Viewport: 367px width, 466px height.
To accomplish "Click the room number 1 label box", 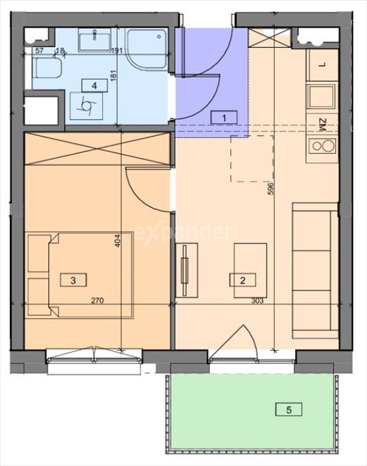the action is [x=224, y=117].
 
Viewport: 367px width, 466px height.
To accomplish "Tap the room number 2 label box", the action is [x=242, y=280].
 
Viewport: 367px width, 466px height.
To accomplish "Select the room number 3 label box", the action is [x=73, y=280].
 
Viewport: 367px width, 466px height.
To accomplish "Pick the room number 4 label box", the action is [x=94, y=85].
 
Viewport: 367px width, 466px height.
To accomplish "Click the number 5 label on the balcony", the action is [x=288, y=410].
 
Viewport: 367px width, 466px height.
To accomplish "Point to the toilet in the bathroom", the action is [x=47, y=68].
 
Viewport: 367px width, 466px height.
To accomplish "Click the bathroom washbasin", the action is [x=95, y=38].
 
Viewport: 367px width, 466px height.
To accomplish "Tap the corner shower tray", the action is [x=147, y=49].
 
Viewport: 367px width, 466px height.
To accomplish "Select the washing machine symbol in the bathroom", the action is [x=87, y=106].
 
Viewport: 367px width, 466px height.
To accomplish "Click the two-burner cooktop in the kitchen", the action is [x=322, y=146].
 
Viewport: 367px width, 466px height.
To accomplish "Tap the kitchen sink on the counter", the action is [x=322, y=96].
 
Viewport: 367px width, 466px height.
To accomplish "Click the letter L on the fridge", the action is [x=324, y=64].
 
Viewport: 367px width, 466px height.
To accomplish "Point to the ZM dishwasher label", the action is [x=323, y=125].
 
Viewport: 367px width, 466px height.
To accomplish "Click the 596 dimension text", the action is [x=270, y=189].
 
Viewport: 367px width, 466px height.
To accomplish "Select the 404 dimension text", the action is [x=117, y=241].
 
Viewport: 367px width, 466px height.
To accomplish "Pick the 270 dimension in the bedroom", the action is [x=97, y=301].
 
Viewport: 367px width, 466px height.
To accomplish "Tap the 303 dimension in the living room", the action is [x=258, y=301].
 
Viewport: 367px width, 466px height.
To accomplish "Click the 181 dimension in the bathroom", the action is [x=112, y=75].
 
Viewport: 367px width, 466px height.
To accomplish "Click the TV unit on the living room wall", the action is [x=186, y=270].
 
